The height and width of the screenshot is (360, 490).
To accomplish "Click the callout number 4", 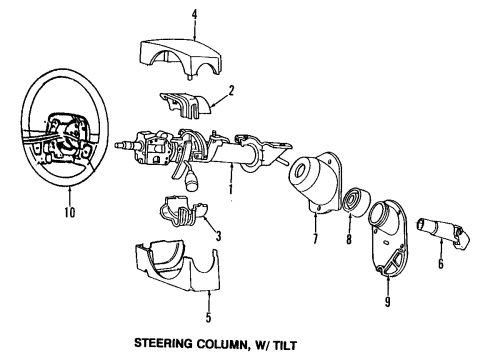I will [x=195, y=13].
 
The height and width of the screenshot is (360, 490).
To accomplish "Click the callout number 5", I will [x=208, y=322].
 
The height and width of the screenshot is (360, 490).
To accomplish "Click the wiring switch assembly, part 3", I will [x=180, y=217].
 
